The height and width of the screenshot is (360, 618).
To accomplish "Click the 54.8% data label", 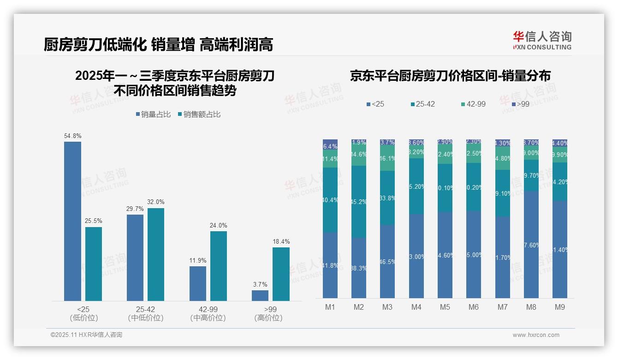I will (x=73, y=136).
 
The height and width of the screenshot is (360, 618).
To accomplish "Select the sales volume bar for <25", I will (x=72, y=221).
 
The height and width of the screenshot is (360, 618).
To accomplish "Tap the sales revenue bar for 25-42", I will (x=156, y=254).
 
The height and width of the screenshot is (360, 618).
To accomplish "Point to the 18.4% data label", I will (x=281, y=241).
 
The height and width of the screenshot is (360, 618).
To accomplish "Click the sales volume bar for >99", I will (x=260, y=295).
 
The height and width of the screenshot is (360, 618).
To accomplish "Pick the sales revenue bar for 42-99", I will (x=219, y=266).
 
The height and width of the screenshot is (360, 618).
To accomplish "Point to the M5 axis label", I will (x=445, y=307).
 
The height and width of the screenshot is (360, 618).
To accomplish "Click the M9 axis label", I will (x=559, y=307).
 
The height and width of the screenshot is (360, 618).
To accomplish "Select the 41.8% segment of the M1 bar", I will (x=330, y=265).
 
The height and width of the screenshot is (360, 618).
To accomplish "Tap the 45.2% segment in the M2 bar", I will (x=359, y=202).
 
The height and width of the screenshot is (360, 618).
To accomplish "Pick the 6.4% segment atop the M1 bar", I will (x=330, y=144).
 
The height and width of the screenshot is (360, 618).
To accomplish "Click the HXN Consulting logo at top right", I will (x=542, y=40).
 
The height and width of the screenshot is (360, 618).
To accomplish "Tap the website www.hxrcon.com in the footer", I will (x=536, y=335).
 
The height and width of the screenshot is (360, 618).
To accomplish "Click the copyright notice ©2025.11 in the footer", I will (x=87, y=335).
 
